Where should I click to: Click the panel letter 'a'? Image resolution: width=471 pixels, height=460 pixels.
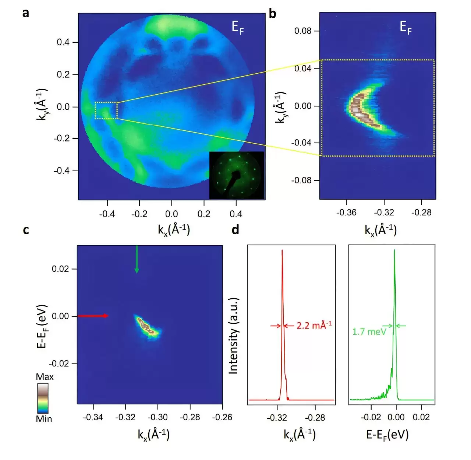(x=25, y=13)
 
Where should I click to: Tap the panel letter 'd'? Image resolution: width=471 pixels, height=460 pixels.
(x=235, y=230)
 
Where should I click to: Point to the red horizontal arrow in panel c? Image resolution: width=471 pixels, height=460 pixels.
(x=93, y=316)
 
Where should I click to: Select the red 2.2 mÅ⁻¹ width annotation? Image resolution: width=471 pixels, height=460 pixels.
(x=314, y=326)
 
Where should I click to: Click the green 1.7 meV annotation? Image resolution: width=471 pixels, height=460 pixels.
(x=369, y=331)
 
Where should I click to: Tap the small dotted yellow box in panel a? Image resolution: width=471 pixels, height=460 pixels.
(x=106, y=110)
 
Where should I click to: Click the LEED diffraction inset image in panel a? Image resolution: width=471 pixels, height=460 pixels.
(x=237, y=175)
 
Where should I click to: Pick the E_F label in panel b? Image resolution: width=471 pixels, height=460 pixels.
(x=406, y=27)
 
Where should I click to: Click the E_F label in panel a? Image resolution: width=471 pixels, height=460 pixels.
(x=237, y=27)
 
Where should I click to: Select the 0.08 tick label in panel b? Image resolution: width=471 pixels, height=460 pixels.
(x=303, y=31)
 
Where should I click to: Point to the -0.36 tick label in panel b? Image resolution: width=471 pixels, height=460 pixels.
(x=346, y=213)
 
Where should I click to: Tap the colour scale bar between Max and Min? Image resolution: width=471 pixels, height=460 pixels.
(x=43, y=398)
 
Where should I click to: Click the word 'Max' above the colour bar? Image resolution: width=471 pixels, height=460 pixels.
(x=45, y=377)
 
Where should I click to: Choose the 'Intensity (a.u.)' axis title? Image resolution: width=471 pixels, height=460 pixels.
(x=233, y=336)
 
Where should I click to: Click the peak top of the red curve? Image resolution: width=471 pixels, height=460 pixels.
(x=282, y=250)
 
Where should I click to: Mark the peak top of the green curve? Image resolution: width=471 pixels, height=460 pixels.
(x=394, y=250)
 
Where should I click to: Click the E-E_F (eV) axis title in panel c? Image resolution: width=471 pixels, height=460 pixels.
(x=42, y=326)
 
